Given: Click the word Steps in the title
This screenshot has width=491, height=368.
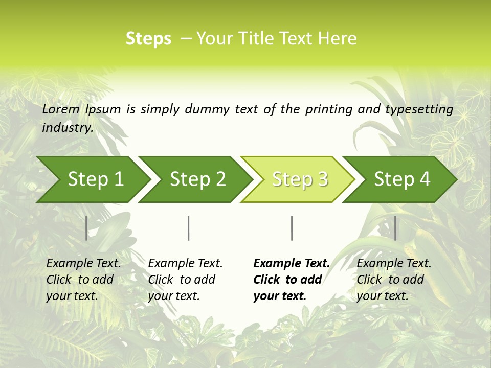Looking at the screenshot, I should point(148,39).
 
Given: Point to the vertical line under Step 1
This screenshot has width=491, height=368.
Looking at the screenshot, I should point(86,228).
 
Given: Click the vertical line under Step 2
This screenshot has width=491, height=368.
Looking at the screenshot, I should point(189,228).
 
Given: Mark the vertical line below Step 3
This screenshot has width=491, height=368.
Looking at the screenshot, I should point(292,228).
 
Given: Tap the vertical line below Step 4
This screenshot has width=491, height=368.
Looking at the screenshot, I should point(395,228).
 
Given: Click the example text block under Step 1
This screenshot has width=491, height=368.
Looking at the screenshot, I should point(83,280).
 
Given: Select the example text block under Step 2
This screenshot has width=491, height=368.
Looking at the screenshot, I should point(185,280).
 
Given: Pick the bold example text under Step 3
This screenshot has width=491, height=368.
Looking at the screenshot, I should point(292,280).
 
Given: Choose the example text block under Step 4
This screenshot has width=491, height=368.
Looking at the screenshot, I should point(394,280).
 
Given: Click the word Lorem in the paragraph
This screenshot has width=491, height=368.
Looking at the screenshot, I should point(61,109).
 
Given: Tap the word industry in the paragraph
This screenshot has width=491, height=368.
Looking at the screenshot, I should point(67,128).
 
